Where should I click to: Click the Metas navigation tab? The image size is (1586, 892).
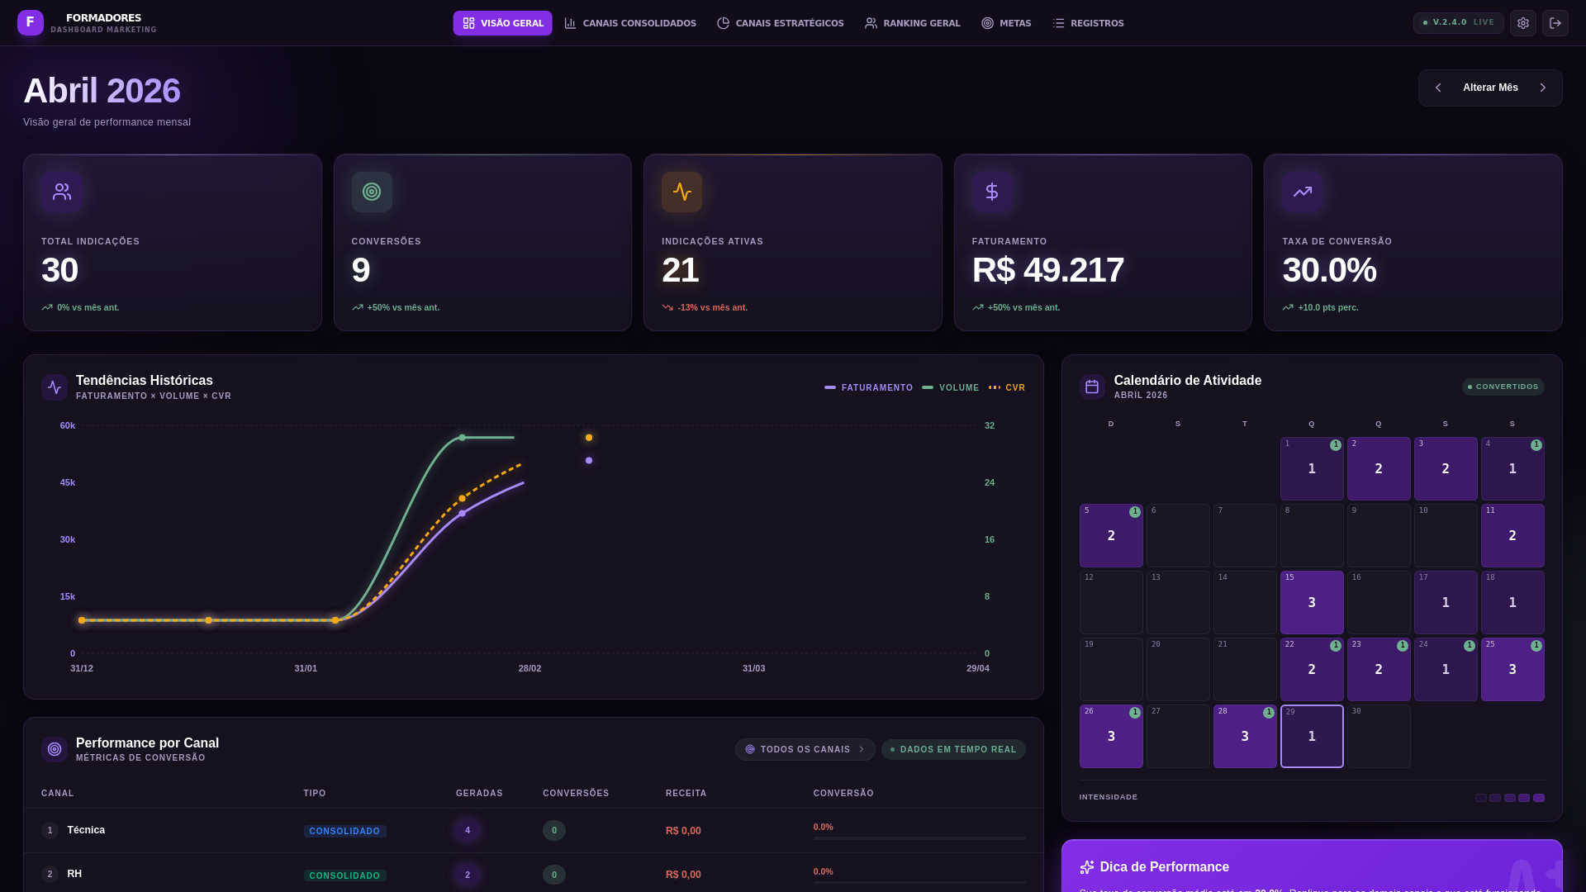point(1006,23)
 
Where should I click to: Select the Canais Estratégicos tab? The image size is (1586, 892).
point(780,23)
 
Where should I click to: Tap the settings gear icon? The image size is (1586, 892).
point(1522,23)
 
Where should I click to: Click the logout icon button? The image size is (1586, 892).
point(1555,23)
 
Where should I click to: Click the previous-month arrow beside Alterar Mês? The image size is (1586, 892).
point(1438,88)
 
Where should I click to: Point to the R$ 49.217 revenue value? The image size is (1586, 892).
point(1047,270)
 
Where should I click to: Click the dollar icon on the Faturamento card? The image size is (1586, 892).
point(991,192)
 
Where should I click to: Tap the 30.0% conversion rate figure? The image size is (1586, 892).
point(1329,270)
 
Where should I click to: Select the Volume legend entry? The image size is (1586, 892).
point(951,387)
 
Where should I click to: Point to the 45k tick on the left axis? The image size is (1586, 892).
point(68,482)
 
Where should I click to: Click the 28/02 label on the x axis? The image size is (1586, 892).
point(529,668)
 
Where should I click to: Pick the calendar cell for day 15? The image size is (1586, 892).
point(1312,602)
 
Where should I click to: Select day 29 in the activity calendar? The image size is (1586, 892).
point(1312,736)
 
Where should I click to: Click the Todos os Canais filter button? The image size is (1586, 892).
point(805,749)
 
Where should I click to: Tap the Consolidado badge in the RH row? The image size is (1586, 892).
point(344,875)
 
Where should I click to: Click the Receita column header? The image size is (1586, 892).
point(686,793)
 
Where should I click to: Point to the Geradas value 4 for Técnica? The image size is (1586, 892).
point(468,830)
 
